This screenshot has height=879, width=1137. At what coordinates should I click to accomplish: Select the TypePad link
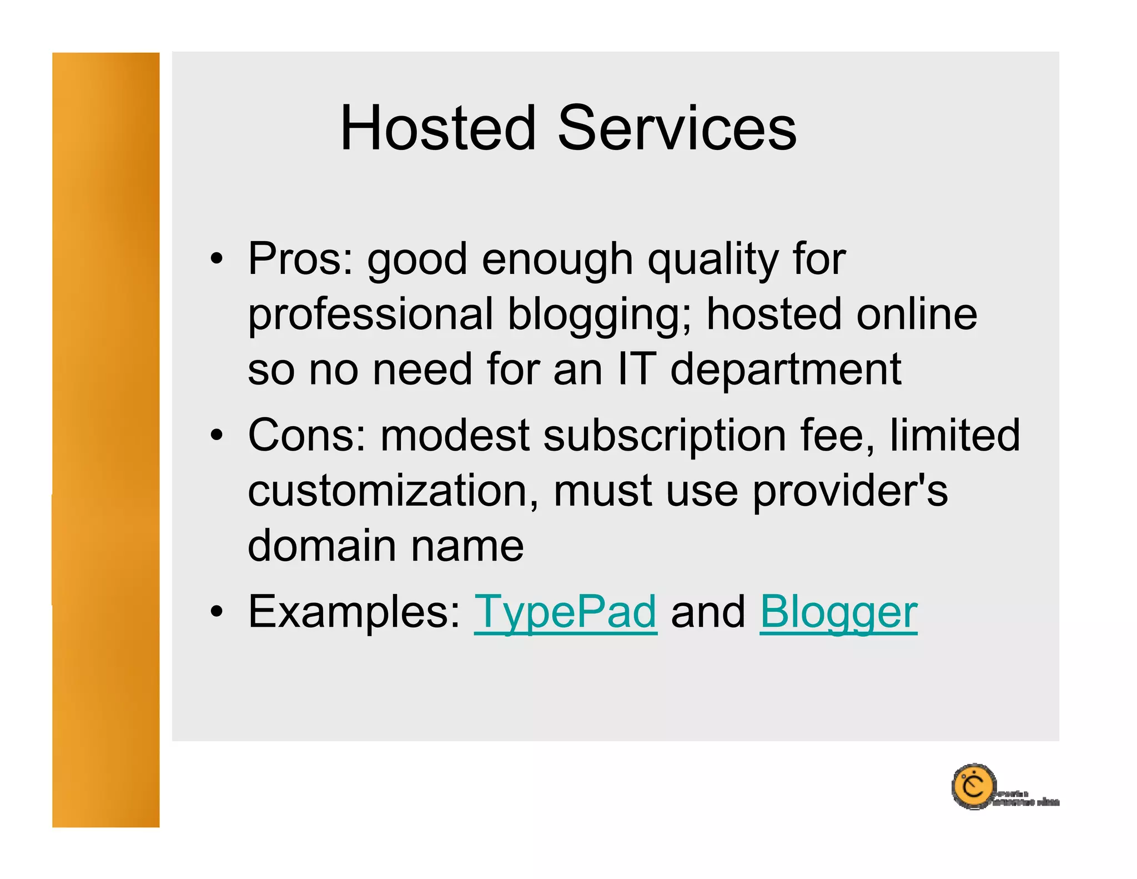pyautogui.click(x=565, y=612)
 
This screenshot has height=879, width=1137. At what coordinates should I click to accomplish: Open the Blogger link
pyautogui.click(x=838, y=612)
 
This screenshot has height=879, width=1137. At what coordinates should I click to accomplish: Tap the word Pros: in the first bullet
pyautogui.click(x=300, y=259)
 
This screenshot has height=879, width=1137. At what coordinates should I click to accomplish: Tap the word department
pyautogui.click(x=786, y=370)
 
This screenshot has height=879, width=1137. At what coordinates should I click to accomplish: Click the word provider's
pyautogui.click(x=850, y=491)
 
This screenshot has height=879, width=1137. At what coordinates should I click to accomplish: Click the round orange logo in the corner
pyautogui.click(x=973, y=786)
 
